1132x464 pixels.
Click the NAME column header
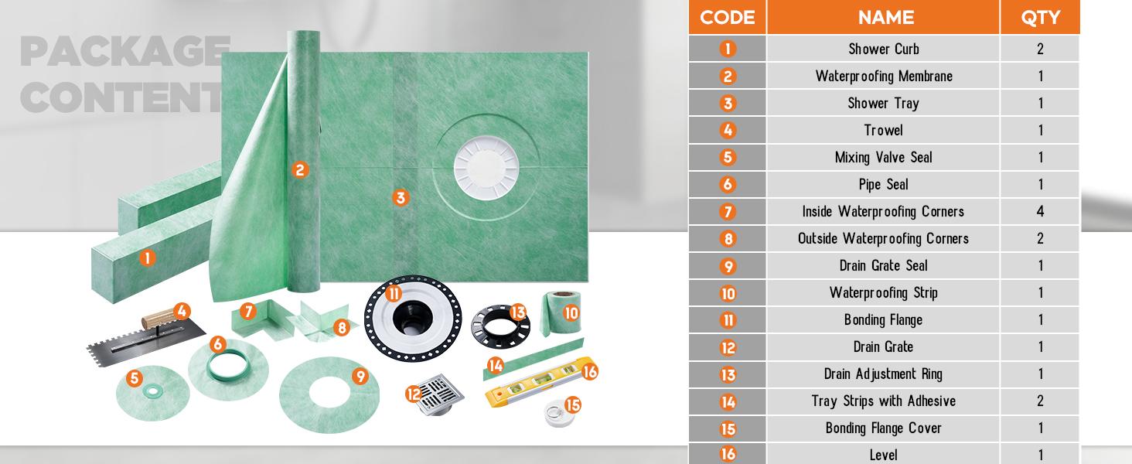pos(885,17)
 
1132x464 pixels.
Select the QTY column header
pos(1040,17)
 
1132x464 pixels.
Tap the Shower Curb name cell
pos(884,49)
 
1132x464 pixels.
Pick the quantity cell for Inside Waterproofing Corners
pos(1040,211)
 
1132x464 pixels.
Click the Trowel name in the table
pos(884,130)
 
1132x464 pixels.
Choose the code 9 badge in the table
pos(728,266)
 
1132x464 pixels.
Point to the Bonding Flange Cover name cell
pos(884,428)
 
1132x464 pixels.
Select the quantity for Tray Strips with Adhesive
pos(1040,401)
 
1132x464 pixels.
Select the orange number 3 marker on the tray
pos(400,198)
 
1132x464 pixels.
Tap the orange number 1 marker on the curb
pos(147,258)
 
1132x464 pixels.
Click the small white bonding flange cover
pos(559,413)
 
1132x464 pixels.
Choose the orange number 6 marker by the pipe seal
pos(218,344)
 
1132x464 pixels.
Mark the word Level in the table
pos(884,455)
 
